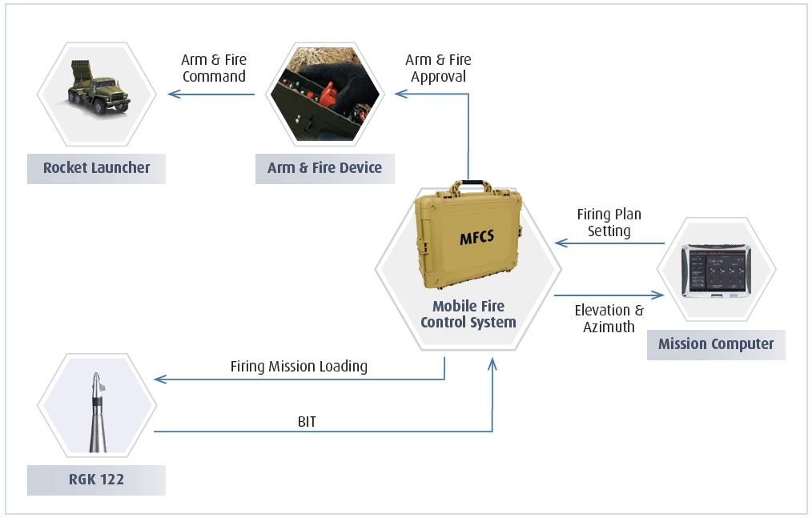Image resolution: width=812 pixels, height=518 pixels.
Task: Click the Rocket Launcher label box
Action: [96, 168]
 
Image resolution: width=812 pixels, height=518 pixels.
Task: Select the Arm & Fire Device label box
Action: [324, 168]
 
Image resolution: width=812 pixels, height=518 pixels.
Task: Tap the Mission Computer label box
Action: [716, 344]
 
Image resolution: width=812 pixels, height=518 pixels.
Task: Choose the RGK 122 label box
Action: [96, 480]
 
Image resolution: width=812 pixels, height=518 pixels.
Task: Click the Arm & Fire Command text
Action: [214, 68]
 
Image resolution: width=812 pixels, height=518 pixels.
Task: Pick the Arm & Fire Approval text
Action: [438, 68]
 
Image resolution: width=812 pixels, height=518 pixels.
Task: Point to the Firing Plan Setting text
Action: [609, 223]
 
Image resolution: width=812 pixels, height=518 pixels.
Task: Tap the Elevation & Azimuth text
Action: [609, 319]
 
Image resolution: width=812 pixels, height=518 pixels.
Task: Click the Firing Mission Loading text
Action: [299, 367]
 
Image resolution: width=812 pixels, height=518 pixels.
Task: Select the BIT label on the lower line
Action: [306, 421]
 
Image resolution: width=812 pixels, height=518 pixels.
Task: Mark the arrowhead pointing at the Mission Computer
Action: [660, 295]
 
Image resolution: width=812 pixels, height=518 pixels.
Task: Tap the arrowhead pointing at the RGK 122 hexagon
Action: [159, 379]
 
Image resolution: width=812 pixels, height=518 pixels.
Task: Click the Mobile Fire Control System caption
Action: [468, 315]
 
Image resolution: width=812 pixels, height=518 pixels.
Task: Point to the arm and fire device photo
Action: [324, 94]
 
